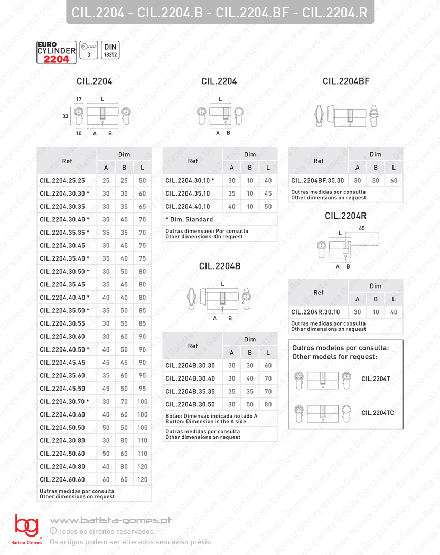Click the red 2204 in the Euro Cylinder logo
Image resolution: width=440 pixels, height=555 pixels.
click(57, 59)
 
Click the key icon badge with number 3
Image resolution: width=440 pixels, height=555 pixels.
click(89, 51)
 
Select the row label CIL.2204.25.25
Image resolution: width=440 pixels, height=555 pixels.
click(62, 181)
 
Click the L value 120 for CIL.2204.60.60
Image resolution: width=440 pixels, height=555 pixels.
click(142, 480)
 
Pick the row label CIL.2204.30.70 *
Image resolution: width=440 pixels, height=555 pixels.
click(64, 402)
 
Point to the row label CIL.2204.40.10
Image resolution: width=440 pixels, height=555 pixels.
click(188, 207)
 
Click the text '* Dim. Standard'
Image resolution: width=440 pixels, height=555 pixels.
click(189, 219)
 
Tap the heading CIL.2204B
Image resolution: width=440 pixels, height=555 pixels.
click(220, 266)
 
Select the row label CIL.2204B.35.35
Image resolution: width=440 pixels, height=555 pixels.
click(190, 392)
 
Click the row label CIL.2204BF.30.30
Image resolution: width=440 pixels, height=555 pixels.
click(317, 181)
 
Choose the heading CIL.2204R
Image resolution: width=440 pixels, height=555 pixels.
click(345, 216)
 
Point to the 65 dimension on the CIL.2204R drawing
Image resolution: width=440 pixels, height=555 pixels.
click(362, 228)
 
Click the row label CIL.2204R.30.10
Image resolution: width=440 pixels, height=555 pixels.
click(315, 312)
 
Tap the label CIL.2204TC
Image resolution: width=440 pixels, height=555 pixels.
click(378, 412)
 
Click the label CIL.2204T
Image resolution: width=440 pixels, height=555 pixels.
click(376, 378)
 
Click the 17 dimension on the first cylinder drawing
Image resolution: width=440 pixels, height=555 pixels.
click(79, 99)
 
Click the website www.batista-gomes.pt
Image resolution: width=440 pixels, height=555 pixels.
click(110, 521)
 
